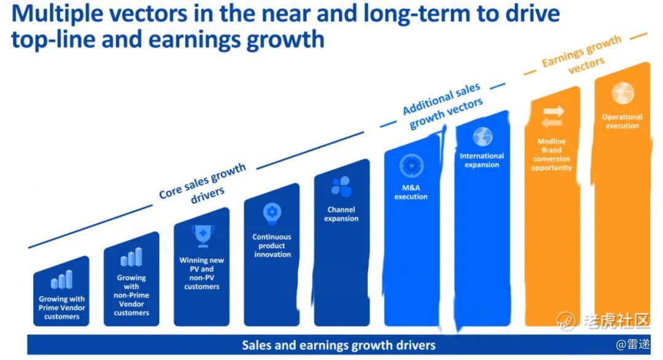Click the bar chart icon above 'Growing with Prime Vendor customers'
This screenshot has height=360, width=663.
click(x=62, y=279)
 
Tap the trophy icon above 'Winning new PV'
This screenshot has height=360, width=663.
click(x=203, y=236)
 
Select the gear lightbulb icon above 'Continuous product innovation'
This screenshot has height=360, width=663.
click(x=272, y=214)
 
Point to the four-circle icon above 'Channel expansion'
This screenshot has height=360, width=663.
click(x=341, y=187)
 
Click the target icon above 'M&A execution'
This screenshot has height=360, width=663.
click(x=411, y=165)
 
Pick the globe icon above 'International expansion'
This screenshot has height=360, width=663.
click(x=483, y=136)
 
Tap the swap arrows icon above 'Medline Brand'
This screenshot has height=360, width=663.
click(x=552, y=117)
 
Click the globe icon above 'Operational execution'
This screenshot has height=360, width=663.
click(x=622, y=93)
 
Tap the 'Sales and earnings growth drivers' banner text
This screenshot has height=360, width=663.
click(x=339, y=345)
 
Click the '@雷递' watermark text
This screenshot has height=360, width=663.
click(x=632, y=345)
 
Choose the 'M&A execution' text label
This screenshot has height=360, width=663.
click(x=411, y=192)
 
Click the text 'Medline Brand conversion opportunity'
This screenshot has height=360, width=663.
click(x=551, y=154)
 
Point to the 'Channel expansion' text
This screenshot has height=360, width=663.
click(x=341, y=214)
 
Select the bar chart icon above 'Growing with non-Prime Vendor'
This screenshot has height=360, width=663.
click(x=131, y=257)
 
